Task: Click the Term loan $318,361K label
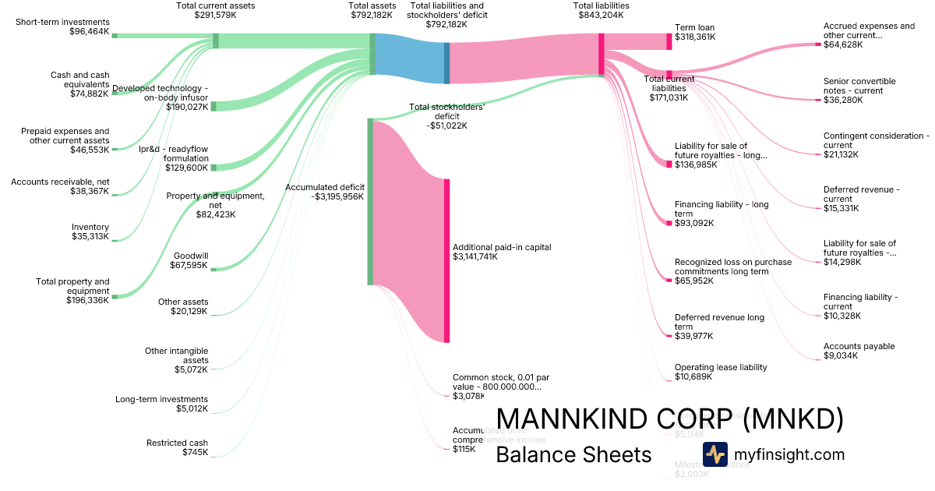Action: click(695, 32)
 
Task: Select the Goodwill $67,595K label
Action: click(189, 260)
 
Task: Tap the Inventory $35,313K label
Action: click(90, 231)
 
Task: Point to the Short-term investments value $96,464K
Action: click(90, 31)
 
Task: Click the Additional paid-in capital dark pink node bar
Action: click(447, 260)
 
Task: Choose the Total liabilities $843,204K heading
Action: click(601, 10)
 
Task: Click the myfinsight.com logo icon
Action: click(714, 454)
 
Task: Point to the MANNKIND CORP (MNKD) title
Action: click(669, 420)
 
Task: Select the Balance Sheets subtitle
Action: click(573, 454)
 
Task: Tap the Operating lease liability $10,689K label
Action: click(721, 372)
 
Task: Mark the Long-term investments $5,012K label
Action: click(161, 403)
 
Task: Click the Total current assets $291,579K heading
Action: click(216, 10)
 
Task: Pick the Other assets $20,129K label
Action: click(183, 306)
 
